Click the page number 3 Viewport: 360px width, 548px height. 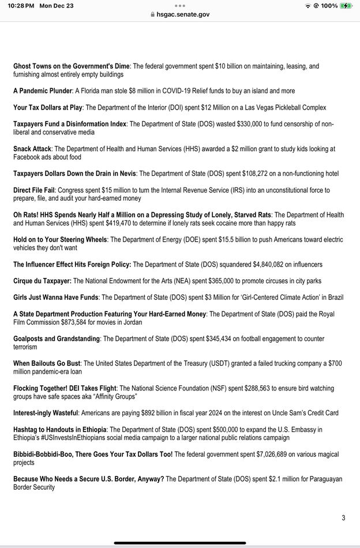(x=343, y=517)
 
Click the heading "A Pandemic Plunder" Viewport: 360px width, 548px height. (x=43, y=91)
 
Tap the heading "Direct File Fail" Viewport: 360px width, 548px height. (x=34, y=190)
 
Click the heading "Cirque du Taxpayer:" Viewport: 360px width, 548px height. (x=42, y=281)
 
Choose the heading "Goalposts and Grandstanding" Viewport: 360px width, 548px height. (x=57, y=339)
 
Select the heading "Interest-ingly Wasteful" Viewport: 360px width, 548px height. (x=46, y=413)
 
